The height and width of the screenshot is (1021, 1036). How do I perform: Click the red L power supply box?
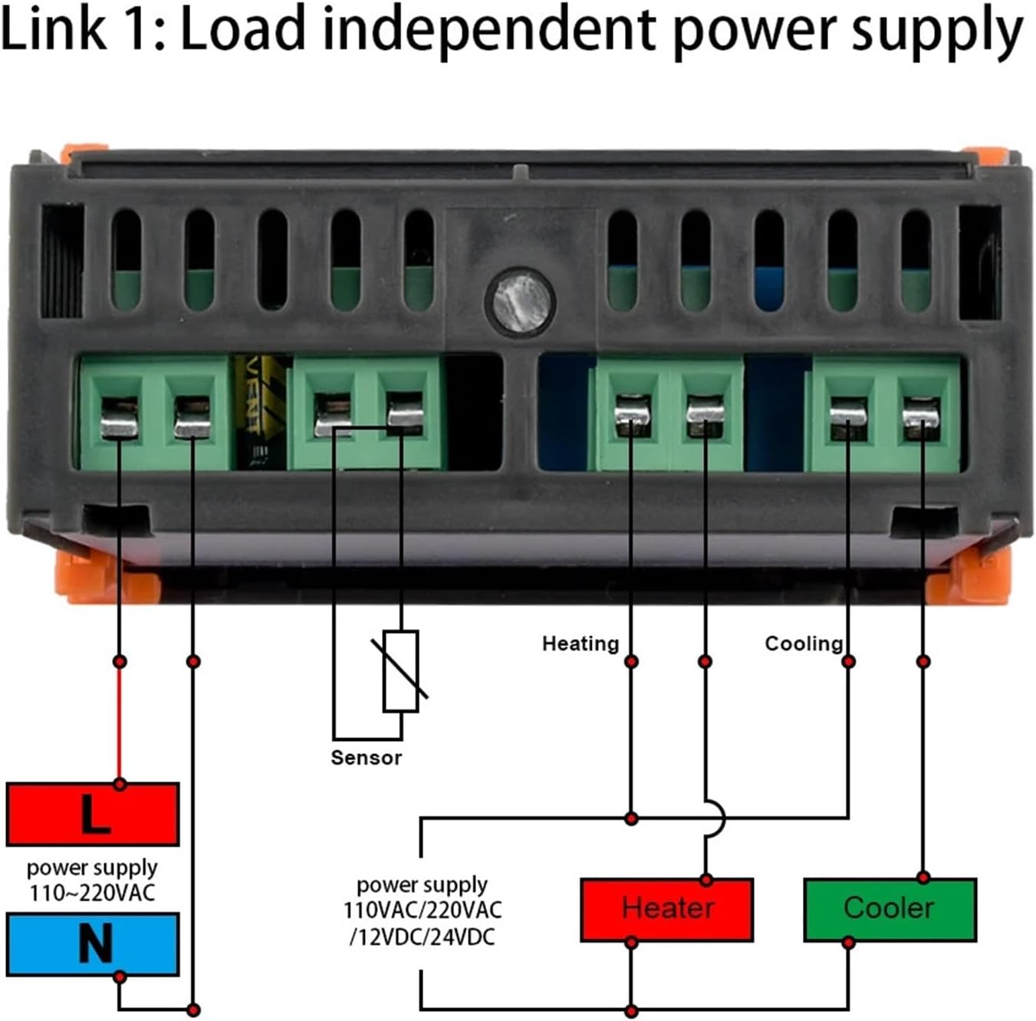(x=93, y=814)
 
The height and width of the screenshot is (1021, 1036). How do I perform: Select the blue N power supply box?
(x=93, y=944)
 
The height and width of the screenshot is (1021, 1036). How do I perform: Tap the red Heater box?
(x=667, y=909)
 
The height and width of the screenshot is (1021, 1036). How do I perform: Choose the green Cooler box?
(x=890, y=909)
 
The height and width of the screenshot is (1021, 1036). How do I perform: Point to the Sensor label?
(x=366, y=758)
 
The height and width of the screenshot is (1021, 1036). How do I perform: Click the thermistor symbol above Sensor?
(x=401, y=670)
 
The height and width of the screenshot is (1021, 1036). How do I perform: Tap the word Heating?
(x=580, y=644)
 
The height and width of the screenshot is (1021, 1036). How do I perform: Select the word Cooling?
(x=803, y=644)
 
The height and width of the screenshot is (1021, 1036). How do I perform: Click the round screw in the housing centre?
(x=520, y=300)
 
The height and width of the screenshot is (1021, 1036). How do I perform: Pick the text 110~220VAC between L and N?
(x=92, y=893)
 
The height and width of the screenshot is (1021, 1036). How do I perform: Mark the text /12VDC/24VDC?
(x=422, y=937)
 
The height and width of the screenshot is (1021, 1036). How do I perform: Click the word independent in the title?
(x=488, y=31)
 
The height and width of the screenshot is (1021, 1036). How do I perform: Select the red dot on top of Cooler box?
(x=923, y=878)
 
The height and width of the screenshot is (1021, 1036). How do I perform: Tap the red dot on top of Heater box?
(x=706, y=879)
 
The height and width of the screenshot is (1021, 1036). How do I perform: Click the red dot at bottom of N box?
(x=120, y=977)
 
